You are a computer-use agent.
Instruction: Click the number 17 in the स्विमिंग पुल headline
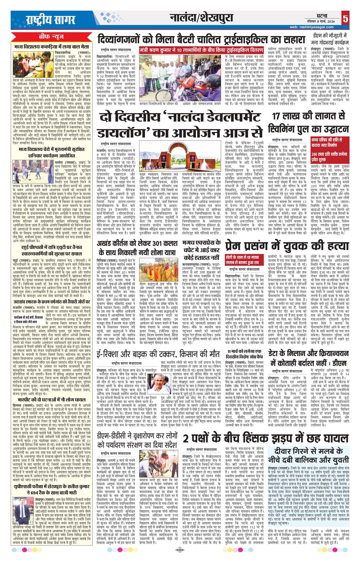tap(277, 116)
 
